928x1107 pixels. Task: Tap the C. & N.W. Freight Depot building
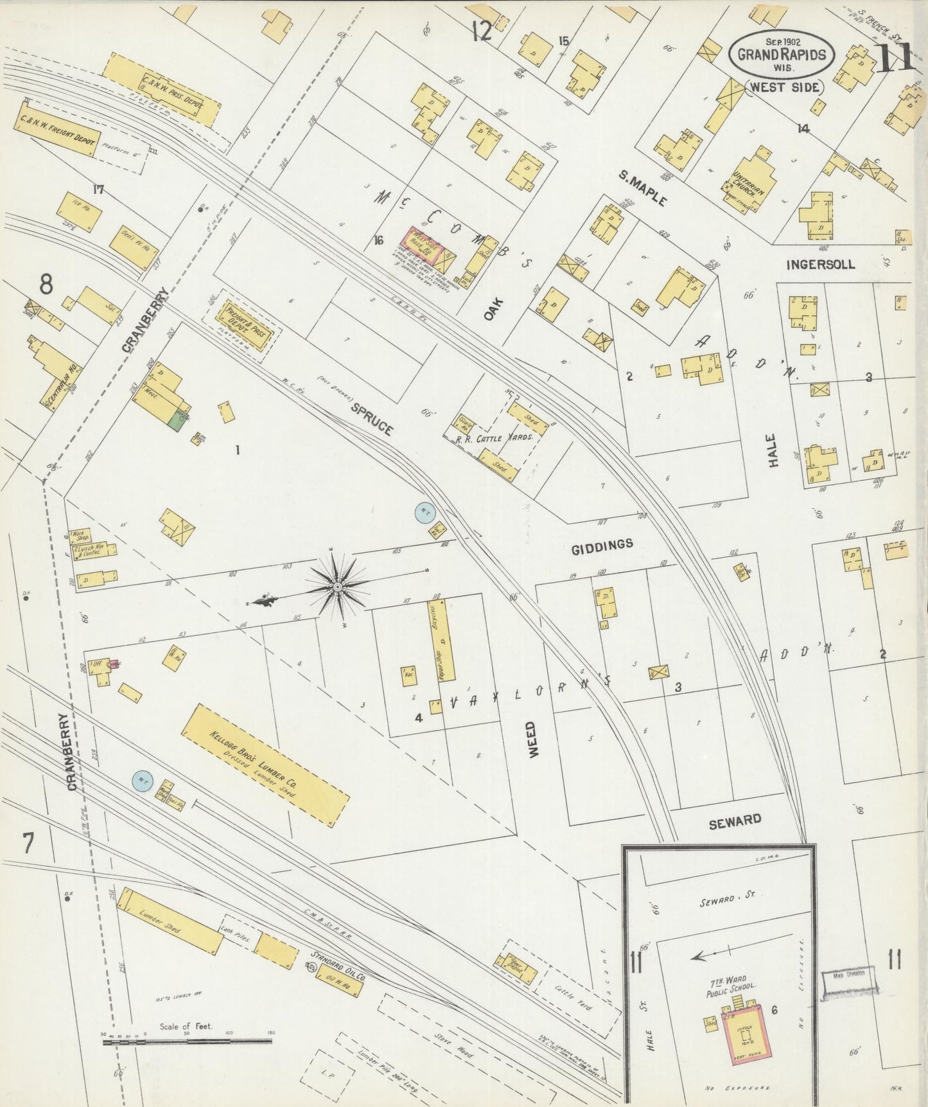(57, 132)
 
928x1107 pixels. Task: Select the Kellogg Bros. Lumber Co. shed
(265, 765)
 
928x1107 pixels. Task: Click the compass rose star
(337, 586)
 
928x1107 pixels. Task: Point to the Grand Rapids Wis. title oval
(782, 55)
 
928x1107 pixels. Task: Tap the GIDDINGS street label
(602, 545)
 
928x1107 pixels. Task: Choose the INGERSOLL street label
(821, 264)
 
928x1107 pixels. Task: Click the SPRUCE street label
(372, 419)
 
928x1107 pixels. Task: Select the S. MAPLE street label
(643, 187)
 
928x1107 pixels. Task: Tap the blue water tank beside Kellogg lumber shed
(143, 781)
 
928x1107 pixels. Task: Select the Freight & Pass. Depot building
(247, 327)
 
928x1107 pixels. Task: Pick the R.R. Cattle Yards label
(495, 438)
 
